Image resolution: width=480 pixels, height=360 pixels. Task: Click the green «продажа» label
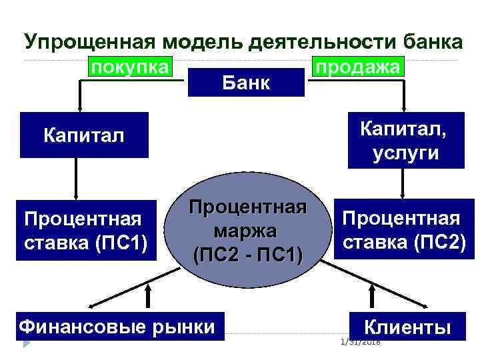coord(358,68)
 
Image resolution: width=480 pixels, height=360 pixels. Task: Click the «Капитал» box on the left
coord(84,135)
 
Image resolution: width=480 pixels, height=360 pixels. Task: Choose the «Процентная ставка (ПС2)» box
coord(401,230)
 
